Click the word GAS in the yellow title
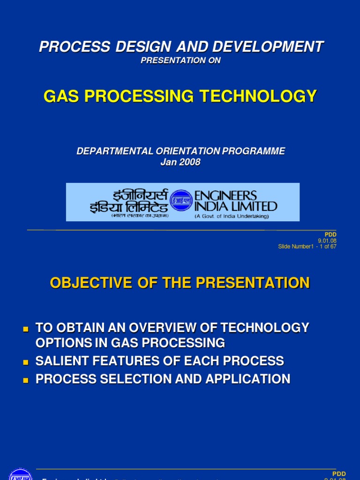click(60, 97)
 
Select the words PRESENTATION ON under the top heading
click(180, 60)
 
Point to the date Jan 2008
click(180, 162)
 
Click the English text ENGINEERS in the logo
click(226, 195)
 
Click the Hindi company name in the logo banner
click(128, 202)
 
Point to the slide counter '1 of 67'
click(326, 247)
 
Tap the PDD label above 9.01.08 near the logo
click(330, 234)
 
